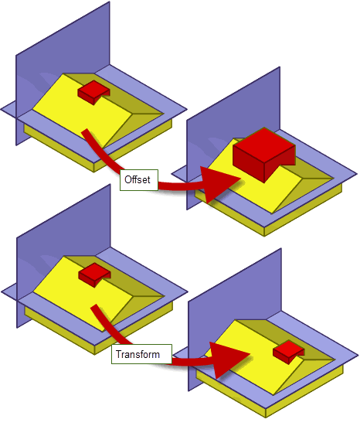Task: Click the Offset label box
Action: point(139,180)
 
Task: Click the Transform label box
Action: point(141,354)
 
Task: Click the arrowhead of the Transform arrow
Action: point(227,360)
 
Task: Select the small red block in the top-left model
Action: point(93,92)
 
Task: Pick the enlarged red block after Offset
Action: point(264,154)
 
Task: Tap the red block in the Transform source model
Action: point(94,274)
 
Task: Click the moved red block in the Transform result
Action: point(289,352)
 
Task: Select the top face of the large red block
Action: point(264,145)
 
